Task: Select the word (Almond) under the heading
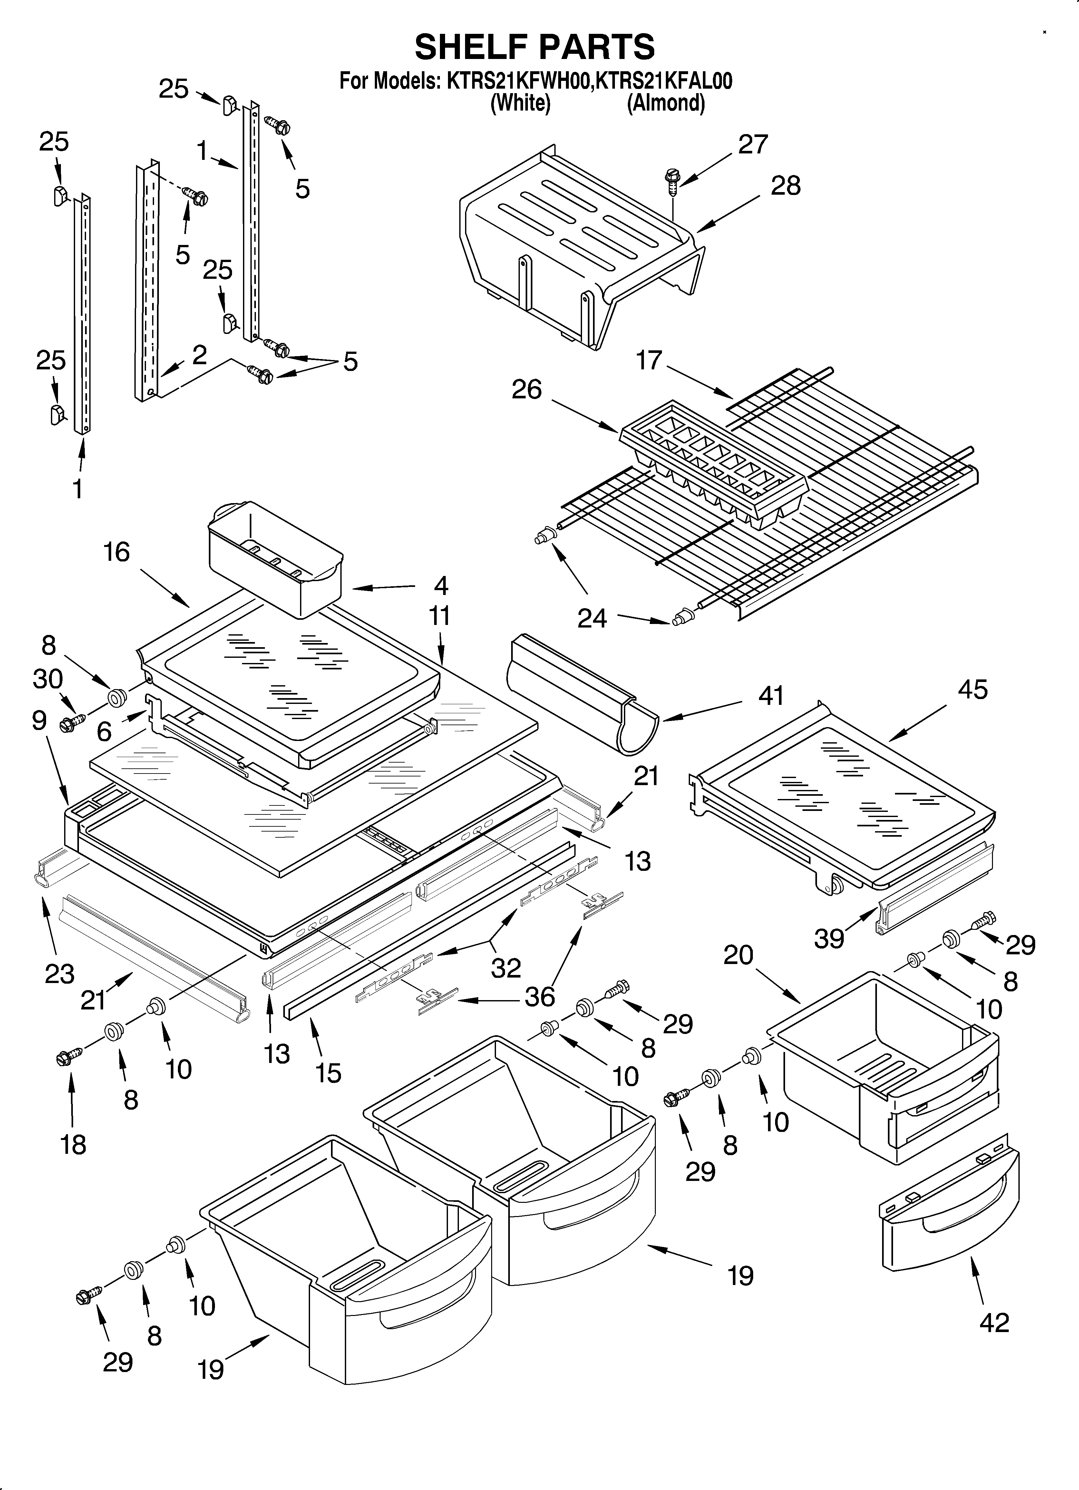pyautogui.click(x=666, y=103)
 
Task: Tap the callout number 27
pyautogui.click(x=753, y=144)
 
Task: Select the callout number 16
pyautogui.click(x=116, y=552)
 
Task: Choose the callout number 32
pyautogui.click(x=505, y=968)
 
